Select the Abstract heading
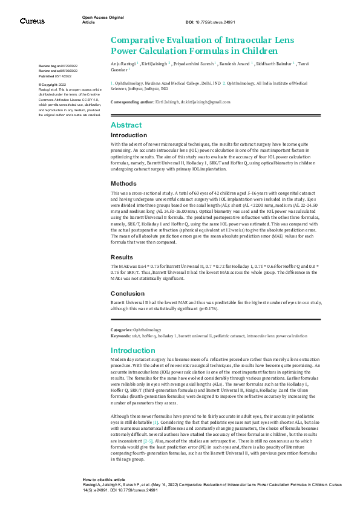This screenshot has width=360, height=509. [126, 125]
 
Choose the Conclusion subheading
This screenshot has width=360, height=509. [127, 293]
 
